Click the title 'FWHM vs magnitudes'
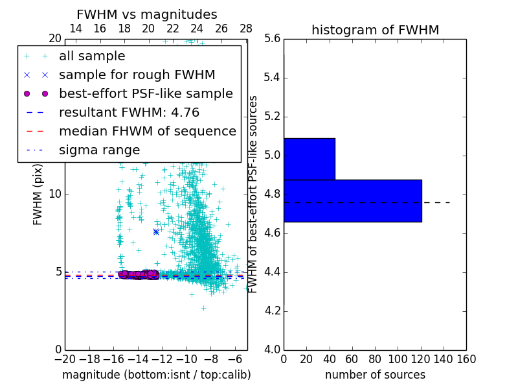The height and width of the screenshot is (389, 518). click(x=147, y=15)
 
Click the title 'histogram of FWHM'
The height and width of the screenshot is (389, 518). click(x=375, y=30)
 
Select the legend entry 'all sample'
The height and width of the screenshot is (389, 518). click(x=92, y=56)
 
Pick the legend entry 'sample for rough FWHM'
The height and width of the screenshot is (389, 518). click(x=137, y=75)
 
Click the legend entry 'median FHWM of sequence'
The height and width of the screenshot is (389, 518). click(x=147, y=132)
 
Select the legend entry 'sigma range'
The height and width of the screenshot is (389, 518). click(x=99, y=150)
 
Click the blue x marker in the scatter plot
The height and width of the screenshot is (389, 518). click(x=156, y=231)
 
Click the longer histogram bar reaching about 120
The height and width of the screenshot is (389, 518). click(x=352, y=200)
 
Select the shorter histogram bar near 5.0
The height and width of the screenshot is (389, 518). click(x=310, y=159)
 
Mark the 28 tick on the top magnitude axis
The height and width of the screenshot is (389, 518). click(x=246, y=29)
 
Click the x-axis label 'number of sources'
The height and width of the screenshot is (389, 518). click(x=375, y=375)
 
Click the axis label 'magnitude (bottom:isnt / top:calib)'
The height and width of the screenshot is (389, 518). click(x=156, y=375)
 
